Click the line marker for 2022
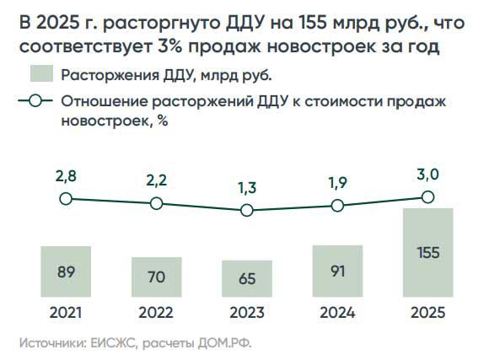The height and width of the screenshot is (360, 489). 156,203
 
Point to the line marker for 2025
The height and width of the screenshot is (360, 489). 427,196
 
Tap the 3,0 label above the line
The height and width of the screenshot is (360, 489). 427,174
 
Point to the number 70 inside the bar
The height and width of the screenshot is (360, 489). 156,277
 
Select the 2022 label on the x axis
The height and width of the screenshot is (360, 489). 156,313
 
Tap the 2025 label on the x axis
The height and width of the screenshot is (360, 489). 427,313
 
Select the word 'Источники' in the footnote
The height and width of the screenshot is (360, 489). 50,343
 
